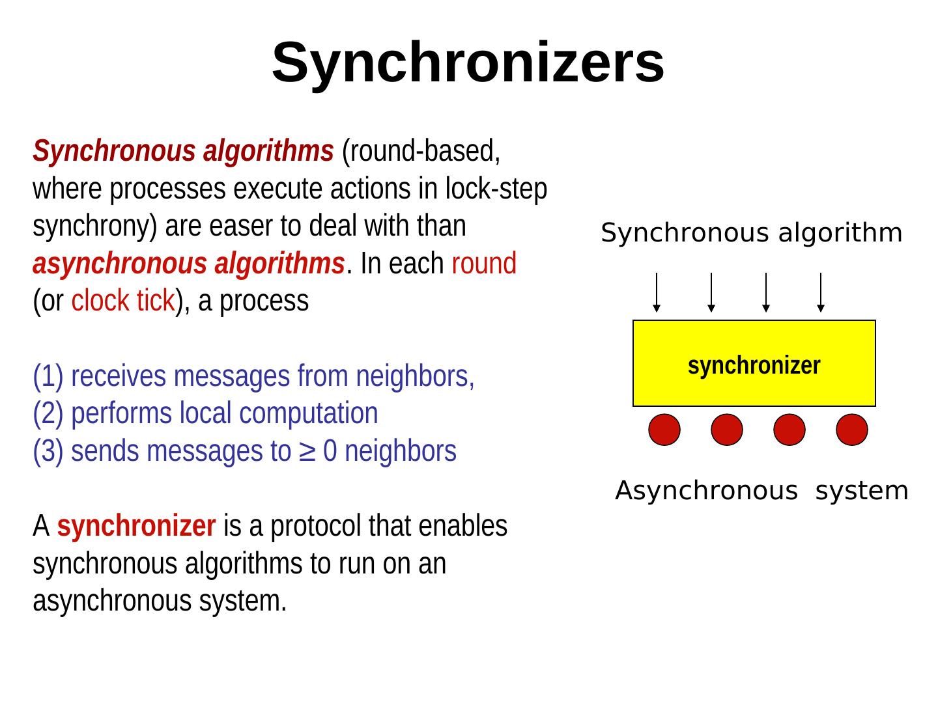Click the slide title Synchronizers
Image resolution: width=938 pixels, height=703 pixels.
[x=468, y=62]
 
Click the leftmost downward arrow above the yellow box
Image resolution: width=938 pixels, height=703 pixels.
[x=657, y=292]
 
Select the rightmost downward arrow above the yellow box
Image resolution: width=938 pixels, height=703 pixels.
[x=821, y=292]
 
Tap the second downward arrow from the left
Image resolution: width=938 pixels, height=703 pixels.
[x=711, y=292]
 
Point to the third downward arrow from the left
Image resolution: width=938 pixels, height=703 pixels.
[x=766, y=292]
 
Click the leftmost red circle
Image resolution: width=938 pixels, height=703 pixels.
[x=664, y=430]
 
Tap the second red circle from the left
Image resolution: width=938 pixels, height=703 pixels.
[x=727, y=430]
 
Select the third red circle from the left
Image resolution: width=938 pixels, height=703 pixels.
[x=789, y=430]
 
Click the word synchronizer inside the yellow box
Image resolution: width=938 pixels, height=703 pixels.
[x=754, y=366]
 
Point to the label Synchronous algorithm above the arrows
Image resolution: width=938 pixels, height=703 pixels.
[x=752, y=233]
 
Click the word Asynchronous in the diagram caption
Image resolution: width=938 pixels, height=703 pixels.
[x=706, y=491]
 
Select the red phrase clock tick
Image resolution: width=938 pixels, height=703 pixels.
[x=122, y=301]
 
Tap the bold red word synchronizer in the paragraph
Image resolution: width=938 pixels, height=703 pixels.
[x=136, y=526]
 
